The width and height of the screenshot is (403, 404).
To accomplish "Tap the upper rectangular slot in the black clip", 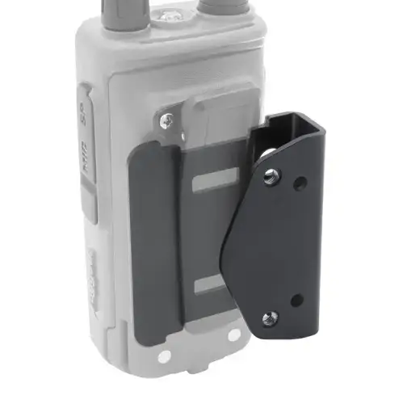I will pyautogui.click(x=213, y=179).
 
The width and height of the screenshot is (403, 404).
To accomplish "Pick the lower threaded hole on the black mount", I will pyautogui.click(x=268, y=317).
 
